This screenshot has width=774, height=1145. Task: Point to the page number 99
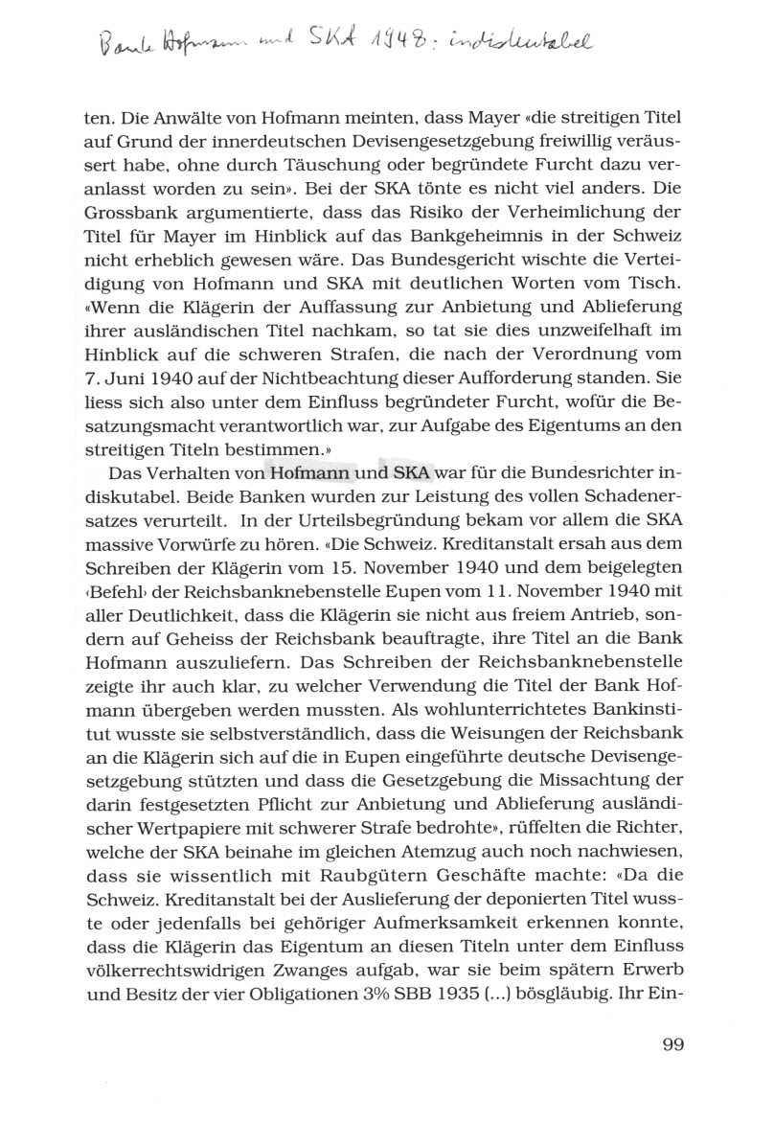point(672,1043)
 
